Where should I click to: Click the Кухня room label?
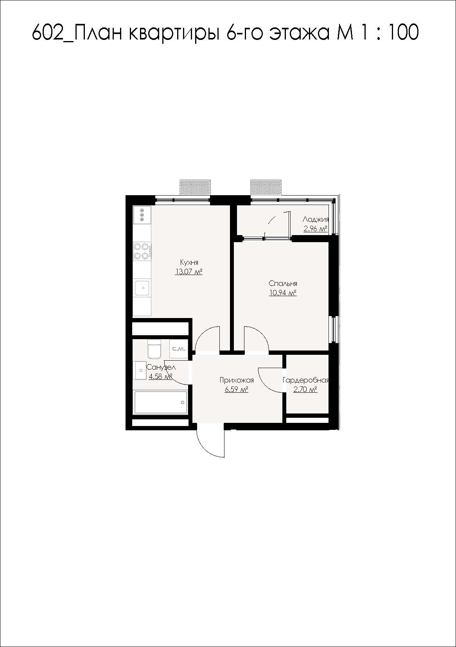pos(189,262)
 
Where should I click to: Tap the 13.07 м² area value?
pos(189,272)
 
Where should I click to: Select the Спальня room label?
pos(283,284)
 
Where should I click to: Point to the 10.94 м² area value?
pos(283,293)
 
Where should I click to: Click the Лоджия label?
pos(316,219)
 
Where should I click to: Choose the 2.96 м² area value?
pos(315,229)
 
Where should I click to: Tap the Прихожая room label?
pos(237,380)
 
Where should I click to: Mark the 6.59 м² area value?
pos(237,389)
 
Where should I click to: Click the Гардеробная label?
pos(305,380)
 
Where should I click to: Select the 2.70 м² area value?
pos(305,390)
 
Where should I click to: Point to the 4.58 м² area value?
pos(161,376)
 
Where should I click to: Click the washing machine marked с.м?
pos(179,349)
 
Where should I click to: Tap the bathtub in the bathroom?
pos(161,403)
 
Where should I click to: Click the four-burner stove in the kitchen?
pos(142,251)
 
